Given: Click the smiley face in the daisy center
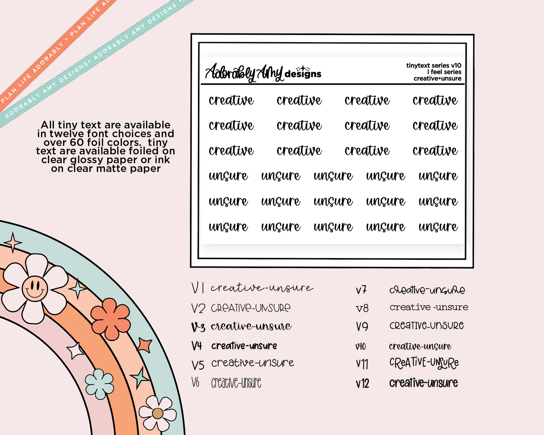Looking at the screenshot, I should click(x=35, y=289).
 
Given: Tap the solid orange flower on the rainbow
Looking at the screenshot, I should click(x=111, y=318).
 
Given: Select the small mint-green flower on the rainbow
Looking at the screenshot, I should click(x=99, y=384).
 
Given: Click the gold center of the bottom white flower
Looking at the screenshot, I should click(x=157, y=413).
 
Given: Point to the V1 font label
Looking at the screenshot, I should click(x=198, y=288).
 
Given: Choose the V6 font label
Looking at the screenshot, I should click(x=195, y=383).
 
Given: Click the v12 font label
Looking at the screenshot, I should click(x=362, y=383).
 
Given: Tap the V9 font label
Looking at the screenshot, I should click(x=362, y=326).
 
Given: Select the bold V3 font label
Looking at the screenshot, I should click(x=198, y=327).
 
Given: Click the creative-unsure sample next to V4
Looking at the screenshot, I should click(x=244, y=346).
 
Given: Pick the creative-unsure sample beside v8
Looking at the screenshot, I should click(x=429, y=307).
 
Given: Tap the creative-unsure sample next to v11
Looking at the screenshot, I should click(x=424, y=363).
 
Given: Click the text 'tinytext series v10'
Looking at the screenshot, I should click(x=434, y=65).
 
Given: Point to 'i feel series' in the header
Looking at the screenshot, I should click(x=444, y=72).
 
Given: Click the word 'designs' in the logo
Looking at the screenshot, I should click(x=303, y=74).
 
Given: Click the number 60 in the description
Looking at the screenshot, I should click(x=77, y=143).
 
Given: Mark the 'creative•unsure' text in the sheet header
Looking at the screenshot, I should click(x=437, y=79).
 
